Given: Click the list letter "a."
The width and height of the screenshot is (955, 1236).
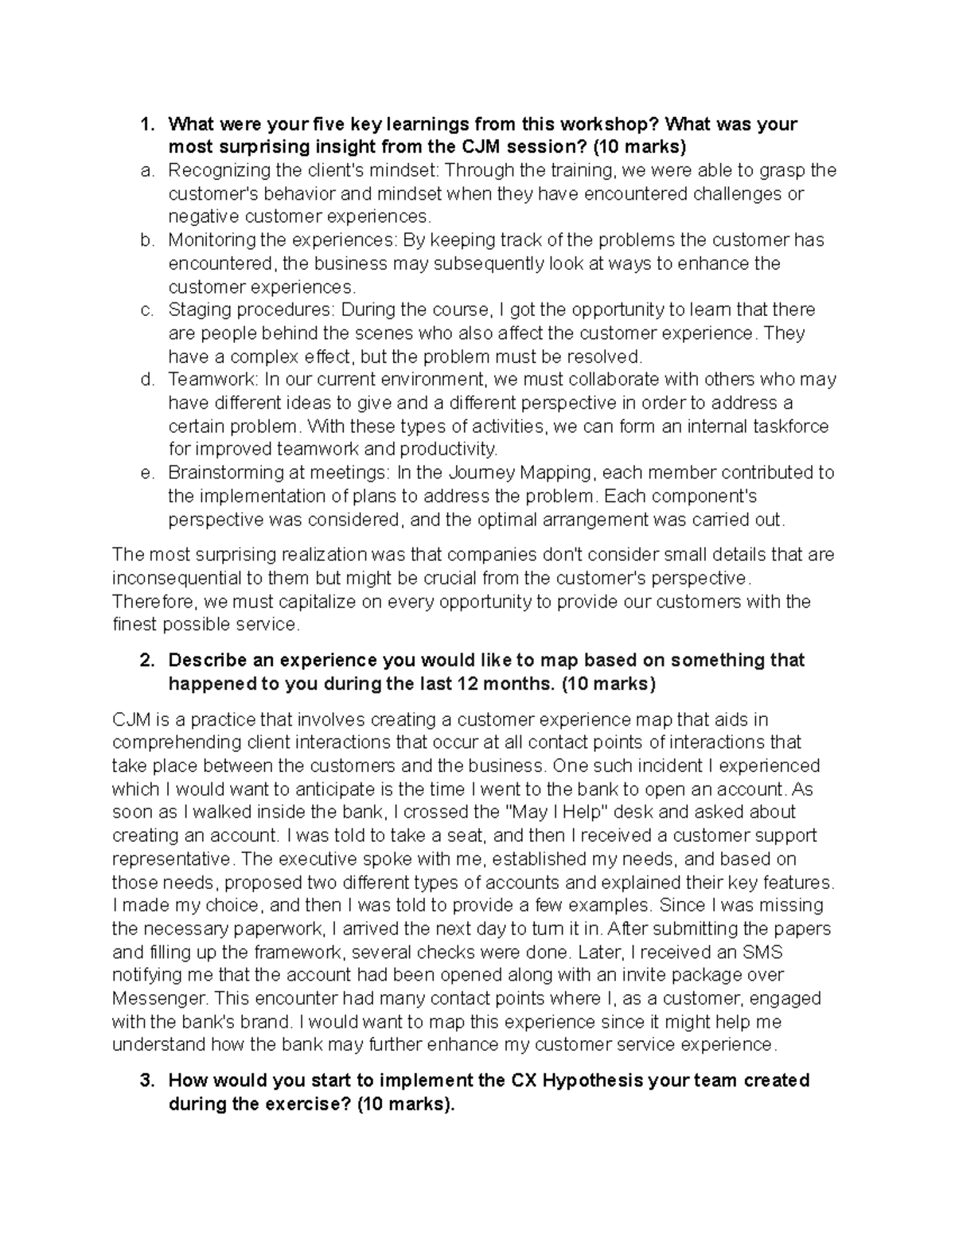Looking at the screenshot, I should tap(145, 170).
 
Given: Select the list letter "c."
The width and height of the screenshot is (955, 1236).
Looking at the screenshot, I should tap(145, 310).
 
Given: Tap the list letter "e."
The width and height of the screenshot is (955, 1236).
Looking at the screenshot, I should tap(145, 473).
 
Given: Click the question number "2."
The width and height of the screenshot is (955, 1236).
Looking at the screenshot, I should tap(146, 661).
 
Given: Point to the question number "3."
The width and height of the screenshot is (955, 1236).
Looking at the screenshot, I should tap(146, 1081).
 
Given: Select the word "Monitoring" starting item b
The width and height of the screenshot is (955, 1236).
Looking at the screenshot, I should tap(206, 240).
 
